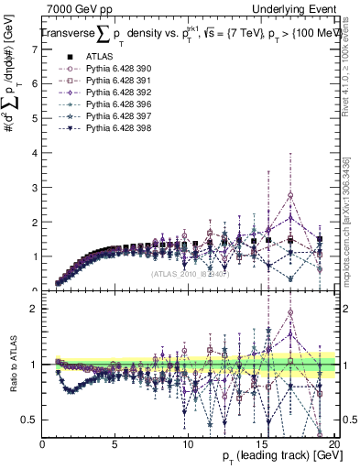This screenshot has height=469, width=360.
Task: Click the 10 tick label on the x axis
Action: pyautogui.click(x=187, y=444)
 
